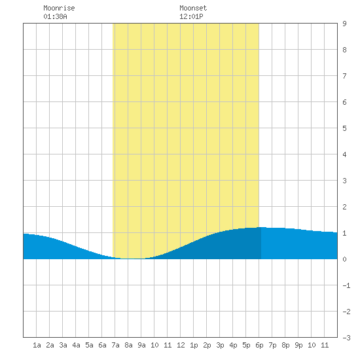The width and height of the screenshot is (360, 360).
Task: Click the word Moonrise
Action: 59,8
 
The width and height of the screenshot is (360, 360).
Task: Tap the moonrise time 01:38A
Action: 56,16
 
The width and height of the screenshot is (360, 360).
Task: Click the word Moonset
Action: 193,8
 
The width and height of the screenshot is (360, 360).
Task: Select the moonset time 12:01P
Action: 191,16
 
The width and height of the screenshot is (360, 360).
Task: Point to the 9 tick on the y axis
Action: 344,24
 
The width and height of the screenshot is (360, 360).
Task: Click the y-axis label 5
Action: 344,128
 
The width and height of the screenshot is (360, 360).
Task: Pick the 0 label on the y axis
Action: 344,259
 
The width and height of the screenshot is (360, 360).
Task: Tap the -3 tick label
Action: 346,338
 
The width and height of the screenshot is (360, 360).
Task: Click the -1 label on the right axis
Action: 346,285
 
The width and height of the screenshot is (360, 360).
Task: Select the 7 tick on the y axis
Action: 344,76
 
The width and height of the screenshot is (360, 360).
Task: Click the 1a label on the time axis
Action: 37,345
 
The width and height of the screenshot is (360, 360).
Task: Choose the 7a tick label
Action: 115,345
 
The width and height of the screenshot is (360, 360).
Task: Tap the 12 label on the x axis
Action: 181,345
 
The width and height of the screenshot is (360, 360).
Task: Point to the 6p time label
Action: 259,345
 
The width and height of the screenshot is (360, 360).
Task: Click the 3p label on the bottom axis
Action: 220,345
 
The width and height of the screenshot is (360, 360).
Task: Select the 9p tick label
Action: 298,345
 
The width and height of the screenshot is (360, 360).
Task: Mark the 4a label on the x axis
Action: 76,345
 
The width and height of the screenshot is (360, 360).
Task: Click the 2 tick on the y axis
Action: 344,207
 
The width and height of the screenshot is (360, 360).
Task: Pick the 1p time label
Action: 194,345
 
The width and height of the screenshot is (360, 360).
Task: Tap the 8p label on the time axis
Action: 285,345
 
